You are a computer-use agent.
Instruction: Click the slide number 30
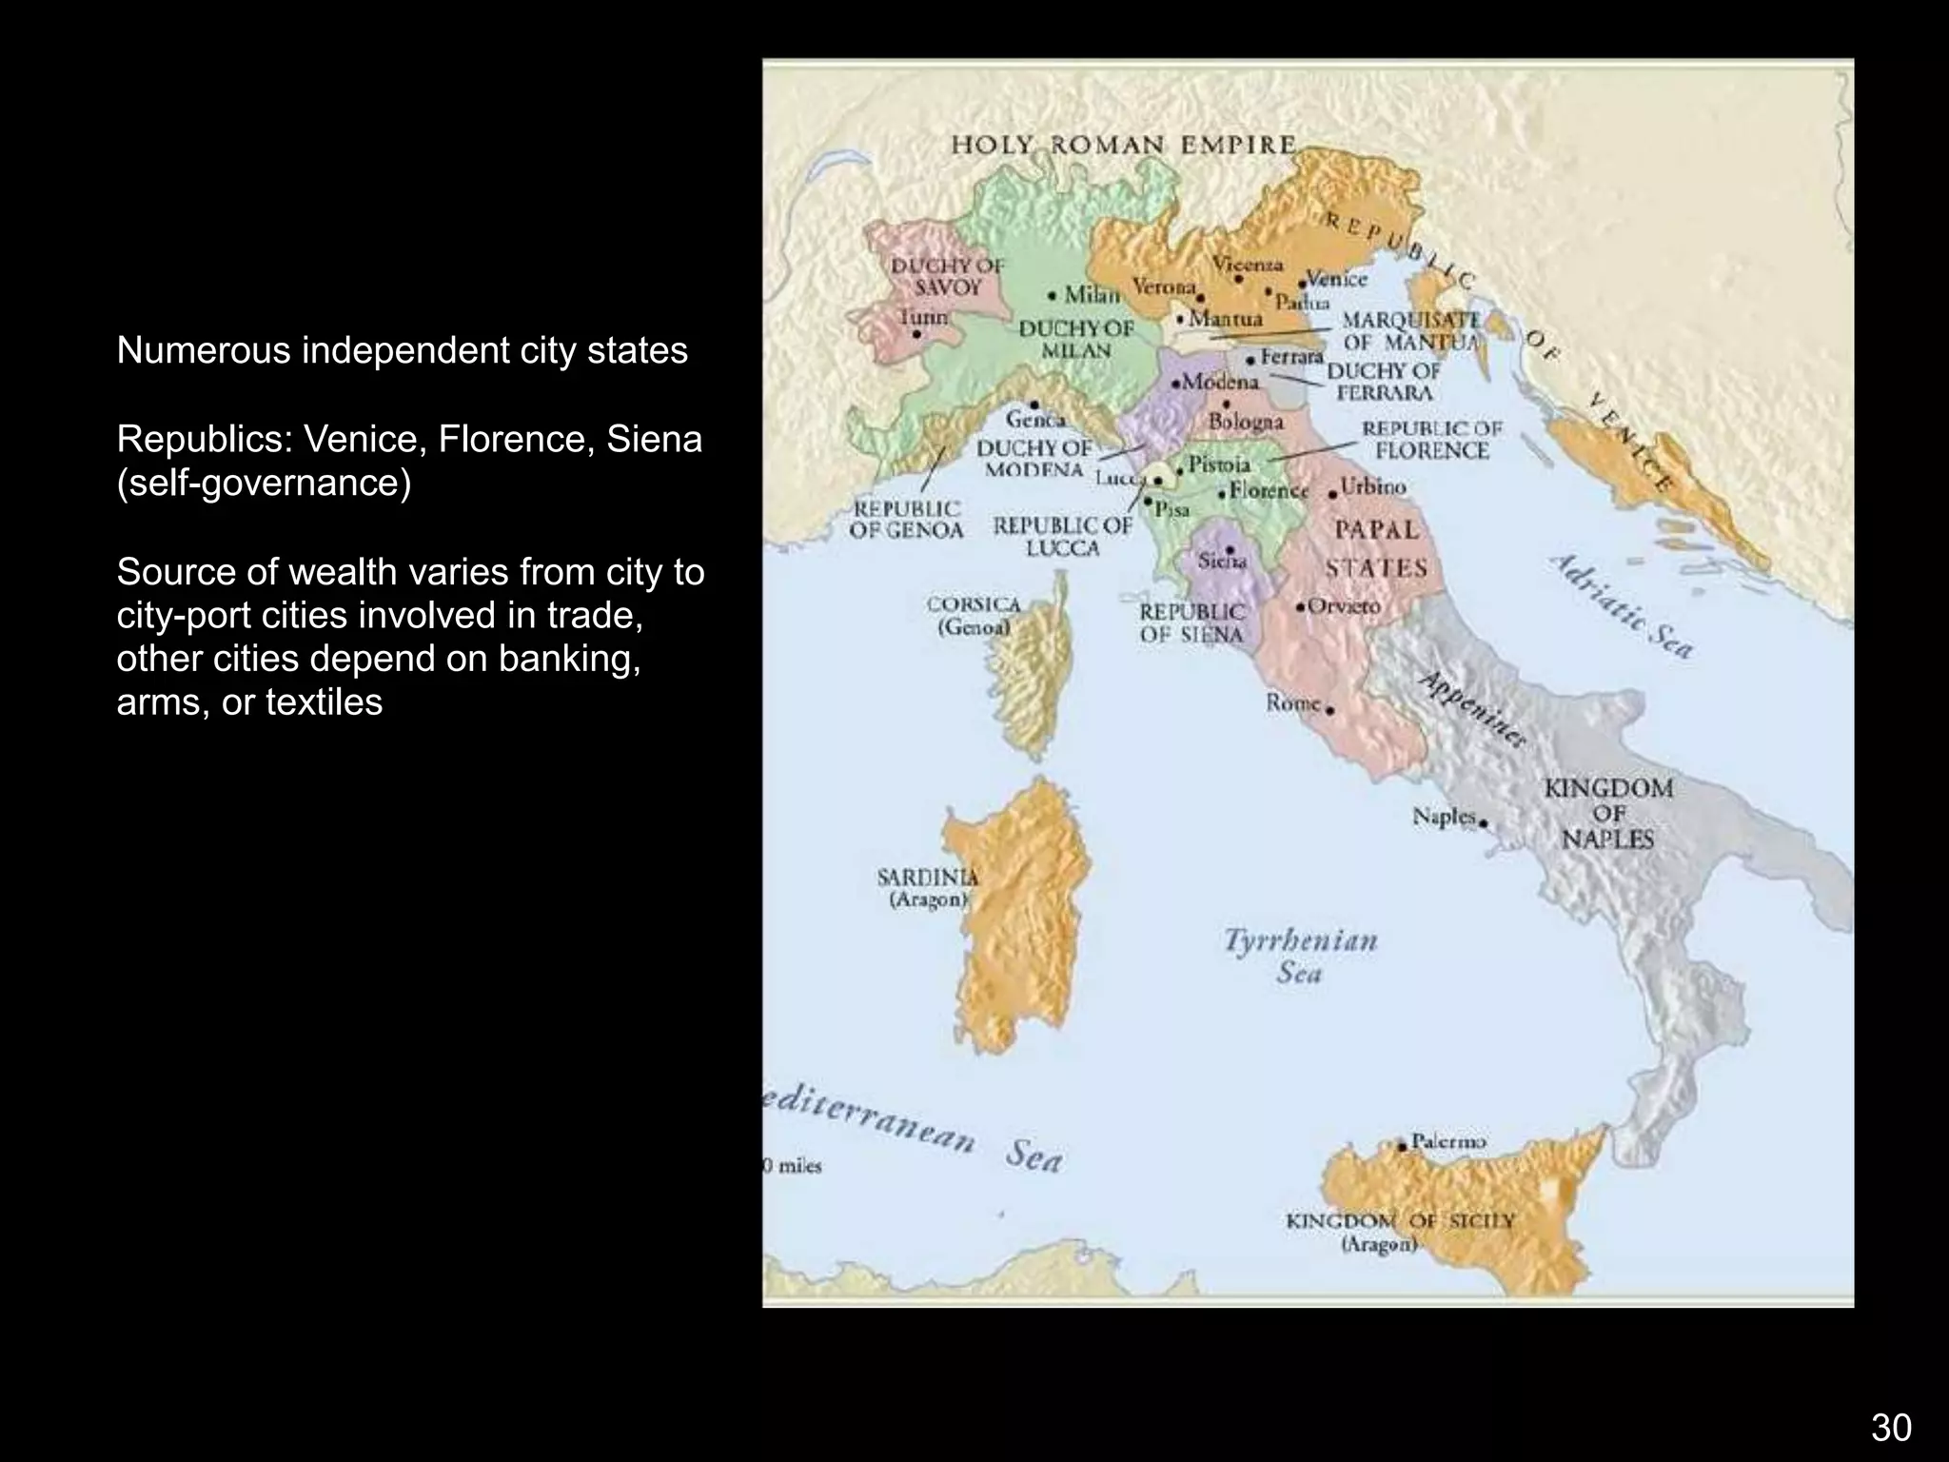(x=1890, y=1428)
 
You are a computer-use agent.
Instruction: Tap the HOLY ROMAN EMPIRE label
(x=1124, y=146)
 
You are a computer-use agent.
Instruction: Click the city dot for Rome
(x=1329, y=710)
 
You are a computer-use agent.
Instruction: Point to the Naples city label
(x=1443, y=817)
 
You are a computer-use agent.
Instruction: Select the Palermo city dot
(x=1401, y=1147)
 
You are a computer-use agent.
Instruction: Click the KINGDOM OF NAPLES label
(x=1607, y=814)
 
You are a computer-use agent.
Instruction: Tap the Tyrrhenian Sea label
(x=1300, y=956)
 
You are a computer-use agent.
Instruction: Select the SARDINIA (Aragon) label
(x=927, y=887)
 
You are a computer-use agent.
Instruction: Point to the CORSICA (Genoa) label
(x=973, y=616)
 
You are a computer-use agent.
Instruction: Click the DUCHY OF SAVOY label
(x=947, y=276)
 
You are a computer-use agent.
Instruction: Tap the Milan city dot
(x=1053, y=295)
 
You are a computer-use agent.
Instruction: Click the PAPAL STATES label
(x=1376, y=548)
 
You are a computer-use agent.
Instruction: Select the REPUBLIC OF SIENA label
(x=1191, y=622)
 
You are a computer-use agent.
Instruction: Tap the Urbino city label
(x=1372, y=487)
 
